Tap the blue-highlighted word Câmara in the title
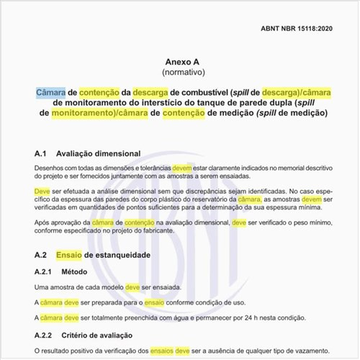50,93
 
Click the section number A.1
41,154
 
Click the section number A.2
41,256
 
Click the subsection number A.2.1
45,272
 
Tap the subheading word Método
87,272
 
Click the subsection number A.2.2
45,336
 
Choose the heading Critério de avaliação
115,336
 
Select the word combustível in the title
199,93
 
